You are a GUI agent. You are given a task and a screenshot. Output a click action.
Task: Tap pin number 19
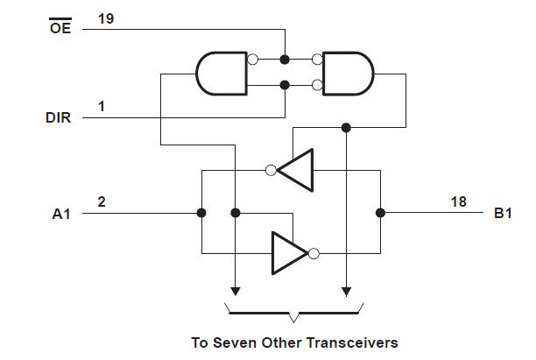105,18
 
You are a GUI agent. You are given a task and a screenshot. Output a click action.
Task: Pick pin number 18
458,201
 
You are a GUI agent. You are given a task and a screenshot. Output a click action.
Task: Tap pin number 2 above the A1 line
102,201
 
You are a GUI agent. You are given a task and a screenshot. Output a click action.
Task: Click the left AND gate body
222,73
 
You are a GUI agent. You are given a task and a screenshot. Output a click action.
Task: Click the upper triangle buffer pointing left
297,171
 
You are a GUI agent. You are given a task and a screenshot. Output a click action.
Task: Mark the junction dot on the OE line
285,60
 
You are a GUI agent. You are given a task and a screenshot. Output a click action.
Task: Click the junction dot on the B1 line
380,212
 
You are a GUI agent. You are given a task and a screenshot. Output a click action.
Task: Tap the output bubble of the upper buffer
272,171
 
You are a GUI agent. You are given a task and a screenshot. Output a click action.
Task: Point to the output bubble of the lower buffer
314,254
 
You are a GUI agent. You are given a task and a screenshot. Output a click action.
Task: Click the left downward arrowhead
235,291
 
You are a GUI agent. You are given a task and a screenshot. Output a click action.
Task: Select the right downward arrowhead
347,291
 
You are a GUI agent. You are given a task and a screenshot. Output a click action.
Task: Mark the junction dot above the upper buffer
347,128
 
